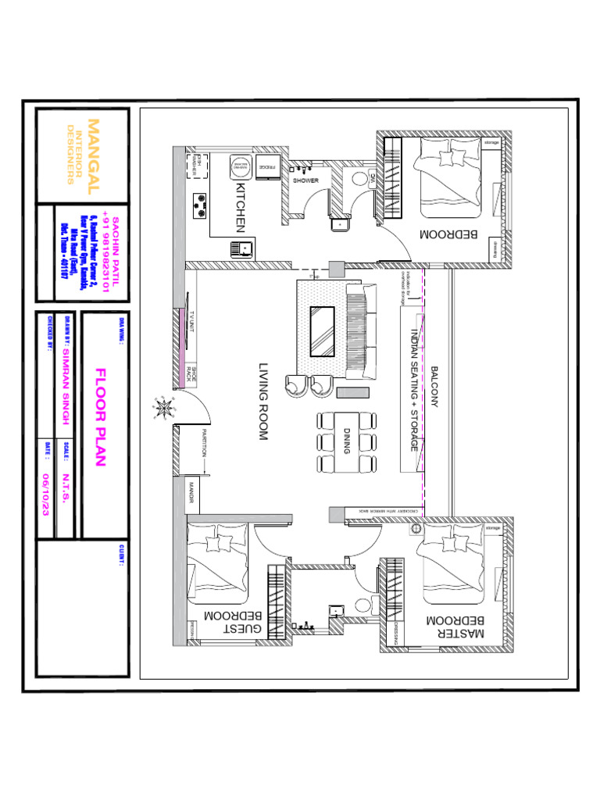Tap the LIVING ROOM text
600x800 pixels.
click(x=263, y=402)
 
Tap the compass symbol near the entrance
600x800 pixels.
click(x=165, y=407)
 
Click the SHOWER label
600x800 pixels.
click(x=305, y=180)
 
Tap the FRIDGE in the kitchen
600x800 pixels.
click(x=265, y=167)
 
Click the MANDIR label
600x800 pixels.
click(x=190, y=492)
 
